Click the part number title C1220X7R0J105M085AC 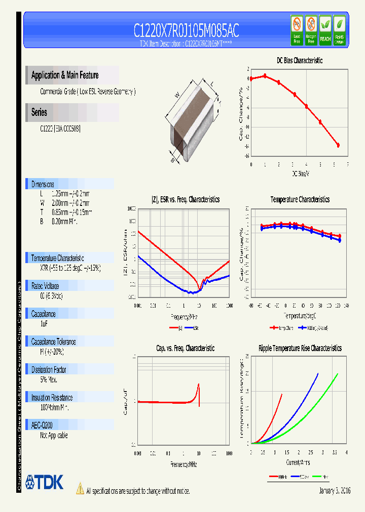[x=186, y=31]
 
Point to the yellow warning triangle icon [x=80, y=489]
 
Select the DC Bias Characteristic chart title [x=299, y=60]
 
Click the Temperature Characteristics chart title [x=300, y=200]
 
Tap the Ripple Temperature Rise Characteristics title [x=300, y=348]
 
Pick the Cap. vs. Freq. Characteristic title [x=185, y=348]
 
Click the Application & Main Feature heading [x=65, y=75]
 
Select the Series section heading [x=39, y=112]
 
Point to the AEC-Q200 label [x=42, y=425]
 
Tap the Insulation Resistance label [x=52, y=398]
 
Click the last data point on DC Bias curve [x=338, y=145]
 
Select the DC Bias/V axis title [x=300, y=174]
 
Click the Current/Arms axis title [x=297, y=462]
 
